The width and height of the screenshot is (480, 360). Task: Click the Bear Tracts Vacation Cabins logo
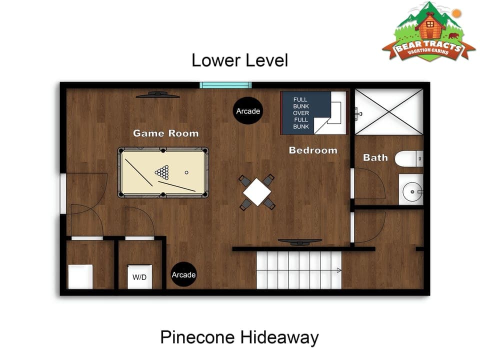(428, 32)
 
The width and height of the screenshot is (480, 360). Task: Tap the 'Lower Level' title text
(239, 60)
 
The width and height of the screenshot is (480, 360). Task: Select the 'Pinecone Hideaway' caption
(239, 337)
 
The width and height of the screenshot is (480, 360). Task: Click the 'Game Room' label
(165, 133)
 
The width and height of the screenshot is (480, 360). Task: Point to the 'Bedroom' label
(313, 150)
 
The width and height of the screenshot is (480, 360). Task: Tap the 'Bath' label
(375, 157)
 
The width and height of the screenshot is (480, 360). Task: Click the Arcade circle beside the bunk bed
(248, 111)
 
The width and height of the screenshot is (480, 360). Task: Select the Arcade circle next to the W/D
(183, 275)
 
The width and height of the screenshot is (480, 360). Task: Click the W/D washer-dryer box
(139, 277)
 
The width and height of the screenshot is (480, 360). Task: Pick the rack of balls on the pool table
(162, 172)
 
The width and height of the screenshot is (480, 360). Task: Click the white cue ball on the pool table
(186, 173)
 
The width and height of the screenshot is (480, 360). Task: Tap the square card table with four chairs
(257, 191)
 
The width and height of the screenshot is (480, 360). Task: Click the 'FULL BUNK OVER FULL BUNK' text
(301, 113)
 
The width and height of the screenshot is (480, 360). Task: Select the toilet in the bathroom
(409, 159)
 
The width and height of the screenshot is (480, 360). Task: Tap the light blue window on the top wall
(225, 85)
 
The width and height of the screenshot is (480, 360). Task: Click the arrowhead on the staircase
(338, 270)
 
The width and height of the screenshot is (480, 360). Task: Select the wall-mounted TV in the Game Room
(157, 94)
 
